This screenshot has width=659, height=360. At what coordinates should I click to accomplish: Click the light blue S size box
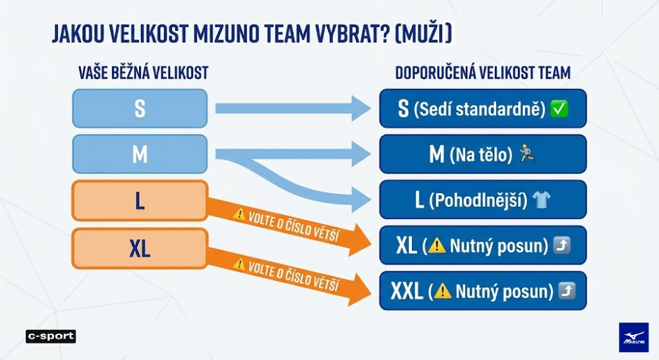pos(140,108)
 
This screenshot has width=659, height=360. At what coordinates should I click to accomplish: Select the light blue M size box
pos(140,154)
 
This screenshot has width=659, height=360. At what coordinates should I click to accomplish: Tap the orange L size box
pos(140,200)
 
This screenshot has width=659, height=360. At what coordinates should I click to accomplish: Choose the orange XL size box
pos(140,249)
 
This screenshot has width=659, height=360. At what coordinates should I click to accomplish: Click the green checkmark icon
pos(559,109)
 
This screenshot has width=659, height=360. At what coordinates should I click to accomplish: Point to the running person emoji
pos(527,154)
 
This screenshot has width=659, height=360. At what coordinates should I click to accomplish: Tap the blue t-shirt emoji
pos(541,199)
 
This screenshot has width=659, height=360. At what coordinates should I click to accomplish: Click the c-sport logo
pos(51,336)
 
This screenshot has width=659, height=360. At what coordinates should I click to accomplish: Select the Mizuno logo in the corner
pos(633,338)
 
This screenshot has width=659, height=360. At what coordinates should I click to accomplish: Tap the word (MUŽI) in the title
pos(424,34)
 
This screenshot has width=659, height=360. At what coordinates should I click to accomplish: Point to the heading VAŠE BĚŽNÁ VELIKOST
pos(143,73)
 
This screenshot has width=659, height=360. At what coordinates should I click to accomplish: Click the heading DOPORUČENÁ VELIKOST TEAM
pos(483,73)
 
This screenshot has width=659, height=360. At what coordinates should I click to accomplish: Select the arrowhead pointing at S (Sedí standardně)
pos(360,108)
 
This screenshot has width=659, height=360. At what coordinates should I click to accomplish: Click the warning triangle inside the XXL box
pos(443,291)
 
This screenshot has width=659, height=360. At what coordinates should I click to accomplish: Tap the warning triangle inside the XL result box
pos(437,245)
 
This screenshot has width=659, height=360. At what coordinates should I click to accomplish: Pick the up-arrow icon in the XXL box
pos(567,291)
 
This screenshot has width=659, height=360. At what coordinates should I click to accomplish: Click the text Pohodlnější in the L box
pos(478,200)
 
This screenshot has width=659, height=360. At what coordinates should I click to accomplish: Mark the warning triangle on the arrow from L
pos(239,214)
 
